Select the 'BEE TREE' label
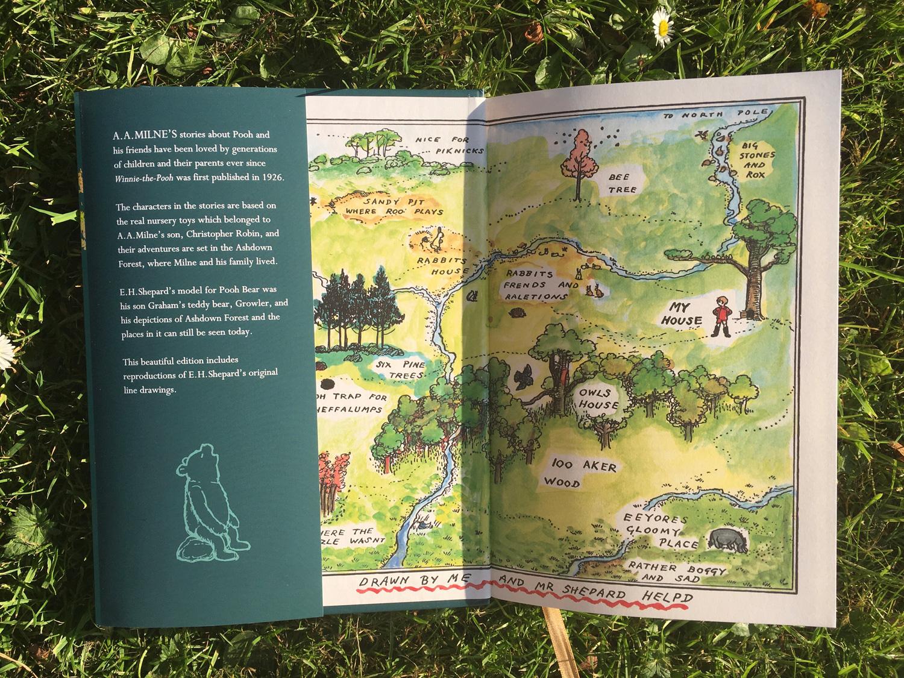coord(621,183)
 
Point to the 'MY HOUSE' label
coord(682,314)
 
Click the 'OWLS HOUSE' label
coord(598,399)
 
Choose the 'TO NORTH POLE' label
coord(715,115)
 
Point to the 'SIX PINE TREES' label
coord(399,370)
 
